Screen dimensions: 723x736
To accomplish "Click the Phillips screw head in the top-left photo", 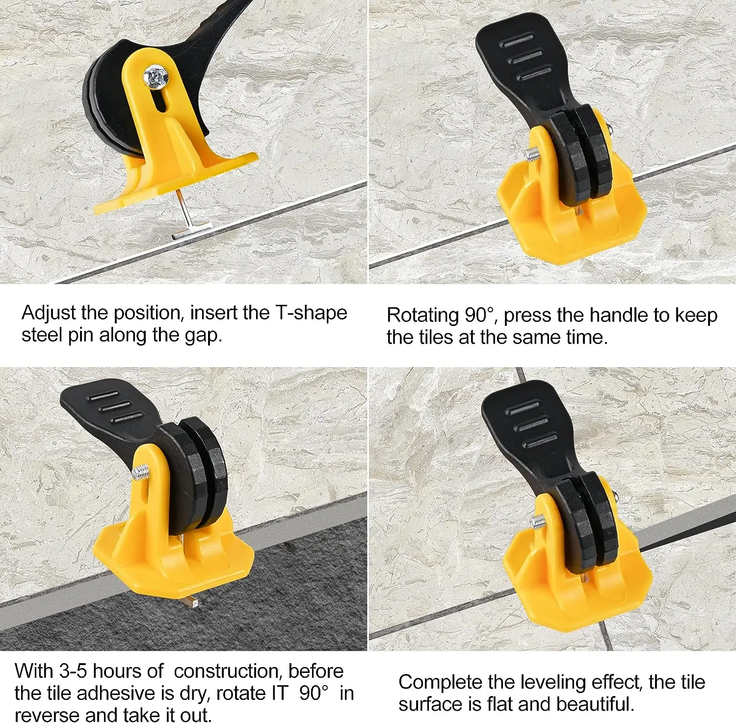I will tap(156, 77).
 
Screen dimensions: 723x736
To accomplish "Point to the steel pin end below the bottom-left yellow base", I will tap(192, 601).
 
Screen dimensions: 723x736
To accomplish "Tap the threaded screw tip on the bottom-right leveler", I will tap(538, 521).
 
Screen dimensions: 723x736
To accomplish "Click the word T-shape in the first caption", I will tap(311, 313).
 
